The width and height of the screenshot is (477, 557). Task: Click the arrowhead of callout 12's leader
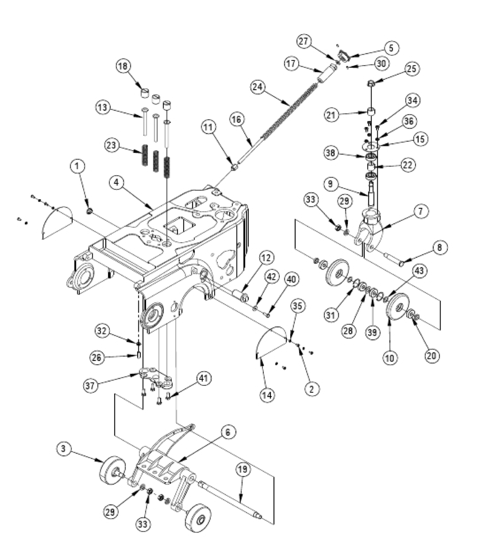[x=244, y=296]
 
